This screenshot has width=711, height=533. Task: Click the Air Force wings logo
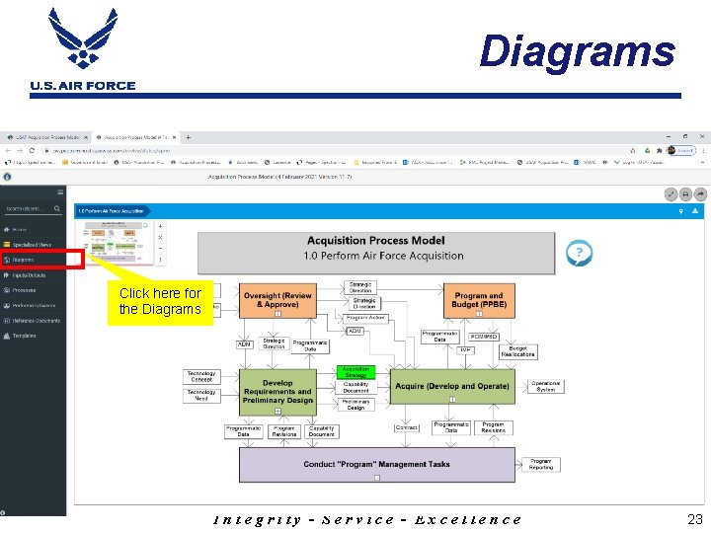[x=82, y=39]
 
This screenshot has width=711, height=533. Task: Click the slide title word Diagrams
[x=577, y=51]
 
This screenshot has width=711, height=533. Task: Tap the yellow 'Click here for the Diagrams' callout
[x=159, y=301]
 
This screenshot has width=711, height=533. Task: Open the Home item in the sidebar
[x=20, y=229]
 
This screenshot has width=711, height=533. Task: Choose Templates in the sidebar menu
[x=24, y=336]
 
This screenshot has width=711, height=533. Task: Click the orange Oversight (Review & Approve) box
[x=277, y=300]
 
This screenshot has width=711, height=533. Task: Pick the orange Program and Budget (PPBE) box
[x=479, y=300]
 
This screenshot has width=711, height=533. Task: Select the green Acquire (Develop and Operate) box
[x=453, y=386]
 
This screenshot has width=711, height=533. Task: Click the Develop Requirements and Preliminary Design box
[x=277, y=391]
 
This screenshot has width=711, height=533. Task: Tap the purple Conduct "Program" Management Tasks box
[x=376, y=464]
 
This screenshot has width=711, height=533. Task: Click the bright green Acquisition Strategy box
[x=355, y=372]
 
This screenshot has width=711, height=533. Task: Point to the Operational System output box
[x=545, y=386]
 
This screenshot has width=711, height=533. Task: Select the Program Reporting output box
[x=541, y=463]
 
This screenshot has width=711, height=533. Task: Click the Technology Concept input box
[x=200, y=376]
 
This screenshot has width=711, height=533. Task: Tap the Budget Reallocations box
[x=517, y=351]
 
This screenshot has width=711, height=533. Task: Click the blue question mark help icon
[x=579, y=254]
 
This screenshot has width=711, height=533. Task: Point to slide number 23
[x=693, y=519]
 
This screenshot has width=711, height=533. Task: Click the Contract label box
[x=406, y=427]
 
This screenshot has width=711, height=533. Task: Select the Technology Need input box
[x=200, y=395]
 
